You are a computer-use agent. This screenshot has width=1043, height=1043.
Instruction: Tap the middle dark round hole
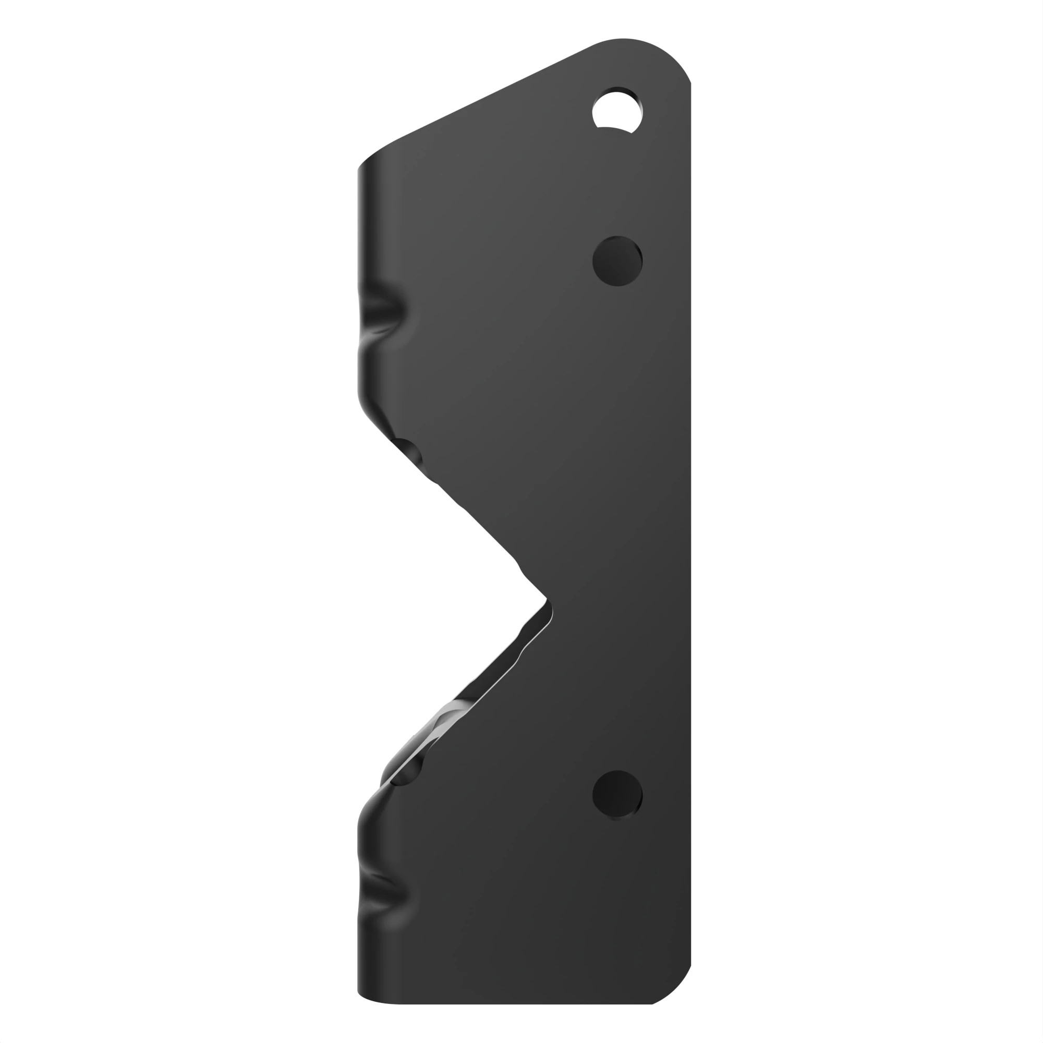[x=617, y=261]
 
